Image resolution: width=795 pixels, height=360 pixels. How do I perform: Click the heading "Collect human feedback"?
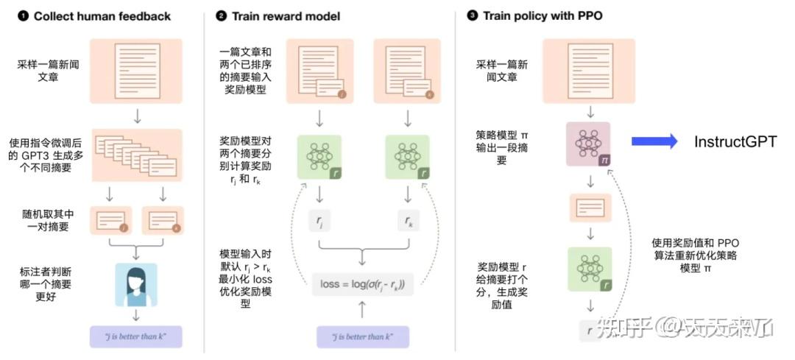point(102,15)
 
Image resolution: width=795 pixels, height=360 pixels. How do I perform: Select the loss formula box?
point(362,284)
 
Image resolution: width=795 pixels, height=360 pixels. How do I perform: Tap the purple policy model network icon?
point(587,143)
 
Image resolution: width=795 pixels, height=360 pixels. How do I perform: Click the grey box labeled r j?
point(319,219)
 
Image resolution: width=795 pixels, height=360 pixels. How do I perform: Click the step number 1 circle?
point(23,15)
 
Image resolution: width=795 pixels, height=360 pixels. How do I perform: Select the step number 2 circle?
point(222,15)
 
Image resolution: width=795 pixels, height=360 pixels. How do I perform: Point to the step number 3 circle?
point(472,15)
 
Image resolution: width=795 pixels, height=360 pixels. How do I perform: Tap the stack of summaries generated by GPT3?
point(136,155)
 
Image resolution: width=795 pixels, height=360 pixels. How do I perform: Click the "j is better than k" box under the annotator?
point(136,336)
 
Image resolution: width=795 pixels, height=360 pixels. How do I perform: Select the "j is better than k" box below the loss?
point(361,336)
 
